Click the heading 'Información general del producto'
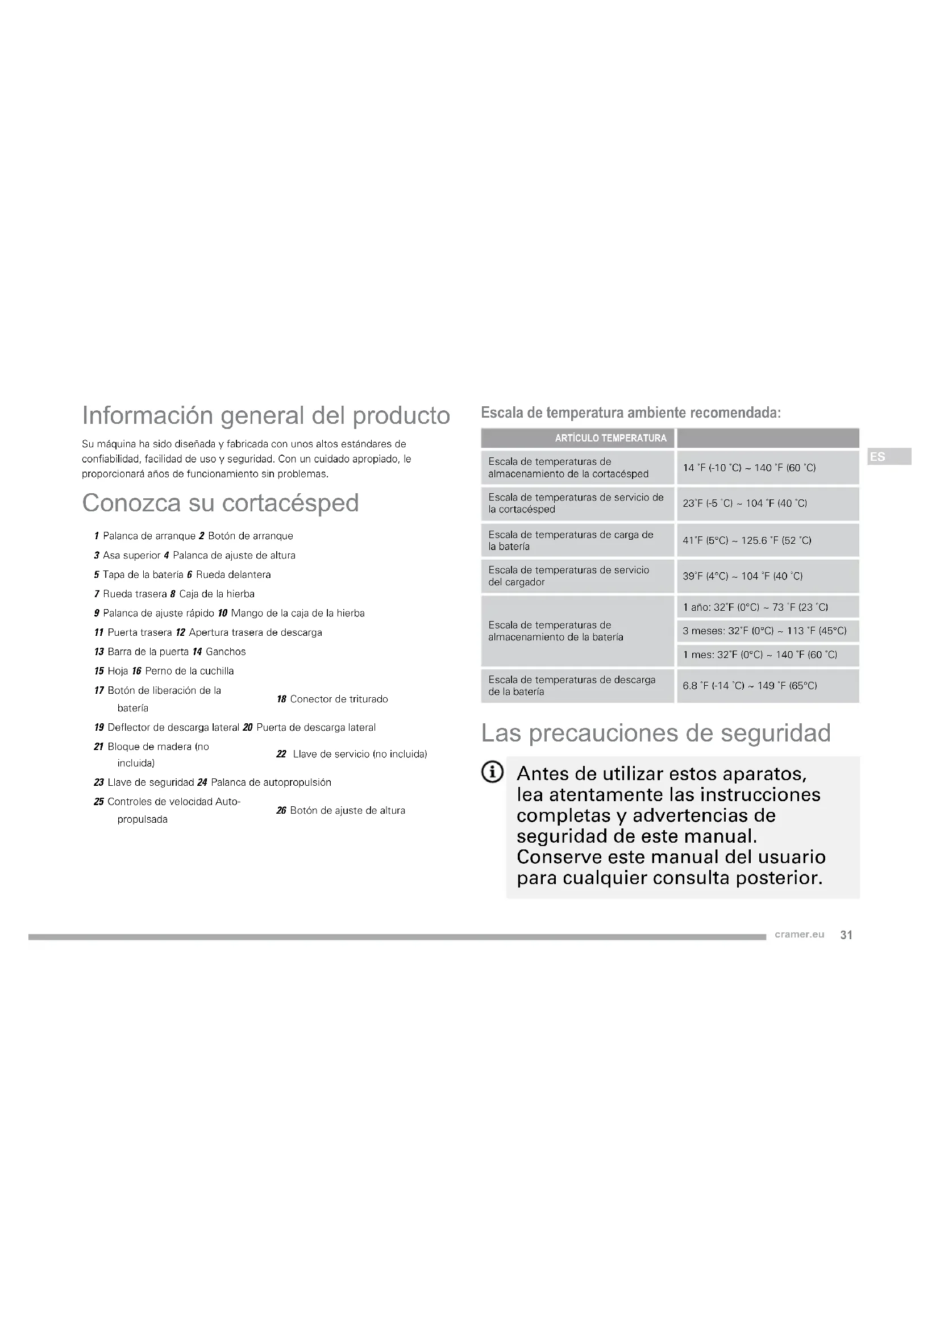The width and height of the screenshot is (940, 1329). point(265,415)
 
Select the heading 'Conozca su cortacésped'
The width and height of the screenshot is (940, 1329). point(220,503)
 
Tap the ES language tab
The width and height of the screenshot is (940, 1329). point(877,457)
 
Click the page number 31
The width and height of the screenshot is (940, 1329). point(846,935)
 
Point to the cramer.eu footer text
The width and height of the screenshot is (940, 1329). point(800,935)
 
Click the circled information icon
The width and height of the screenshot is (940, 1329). point(493,772)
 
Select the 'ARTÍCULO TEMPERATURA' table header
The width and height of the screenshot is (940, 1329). point(610,438)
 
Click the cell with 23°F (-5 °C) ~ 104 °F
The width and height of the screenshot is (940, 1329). point(744,503)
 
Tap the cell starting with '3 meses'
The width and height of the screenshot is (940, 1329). point(764,631)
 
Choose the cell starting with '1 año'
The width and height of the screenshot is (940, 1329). point(755,607)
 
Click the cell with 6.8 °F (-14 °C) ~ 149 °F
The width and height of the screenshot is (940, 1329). point(750,686)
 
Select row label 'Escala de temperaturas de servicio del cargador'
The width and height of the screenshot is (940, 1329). point(568,576)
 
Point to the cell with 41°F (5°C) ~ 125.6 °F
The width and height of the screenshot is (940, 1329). point(747,540)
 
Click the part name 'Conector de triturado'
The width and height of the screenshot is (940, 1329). point(339,699)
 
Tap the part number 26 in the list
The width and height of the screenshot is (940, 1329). point(281,810)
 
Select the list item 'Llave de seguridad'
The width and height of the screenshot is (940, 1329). point(151,782)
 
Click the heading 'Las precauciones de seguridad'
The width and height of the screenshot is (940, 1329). point(656,734)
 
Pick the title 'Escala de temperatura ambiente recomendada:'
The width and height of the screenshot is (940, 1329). point(631,413)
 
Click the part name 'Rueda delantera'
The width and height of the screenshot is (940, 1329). point(233,575)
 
